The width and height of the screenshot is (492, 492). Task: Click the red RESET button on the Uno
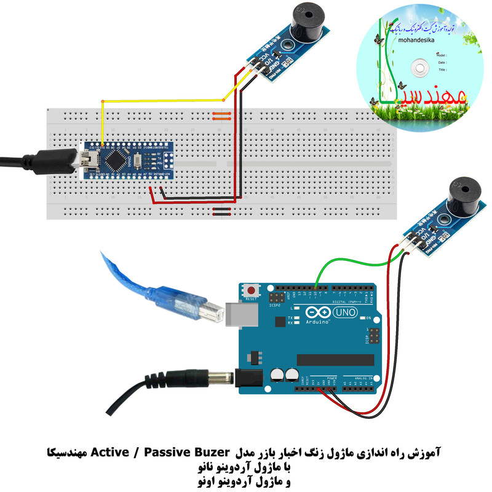pos(250,289)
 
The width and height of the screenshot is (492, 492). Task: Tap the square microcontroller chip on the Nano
pos(115,161)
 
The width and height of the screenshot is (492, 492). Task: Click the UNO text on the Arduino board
pos(344,314)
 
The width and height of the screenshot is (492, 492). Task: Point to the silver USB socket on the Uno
pos(242,313)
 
